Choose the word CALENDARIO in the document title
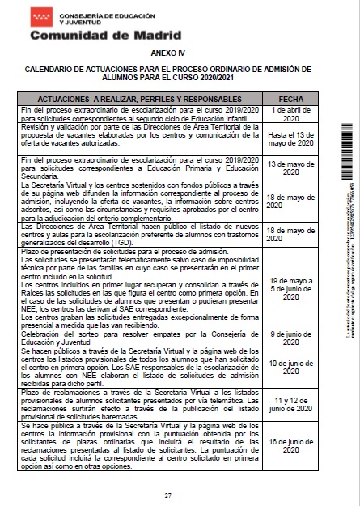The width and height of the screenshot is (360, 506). [x=51, y=70]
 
